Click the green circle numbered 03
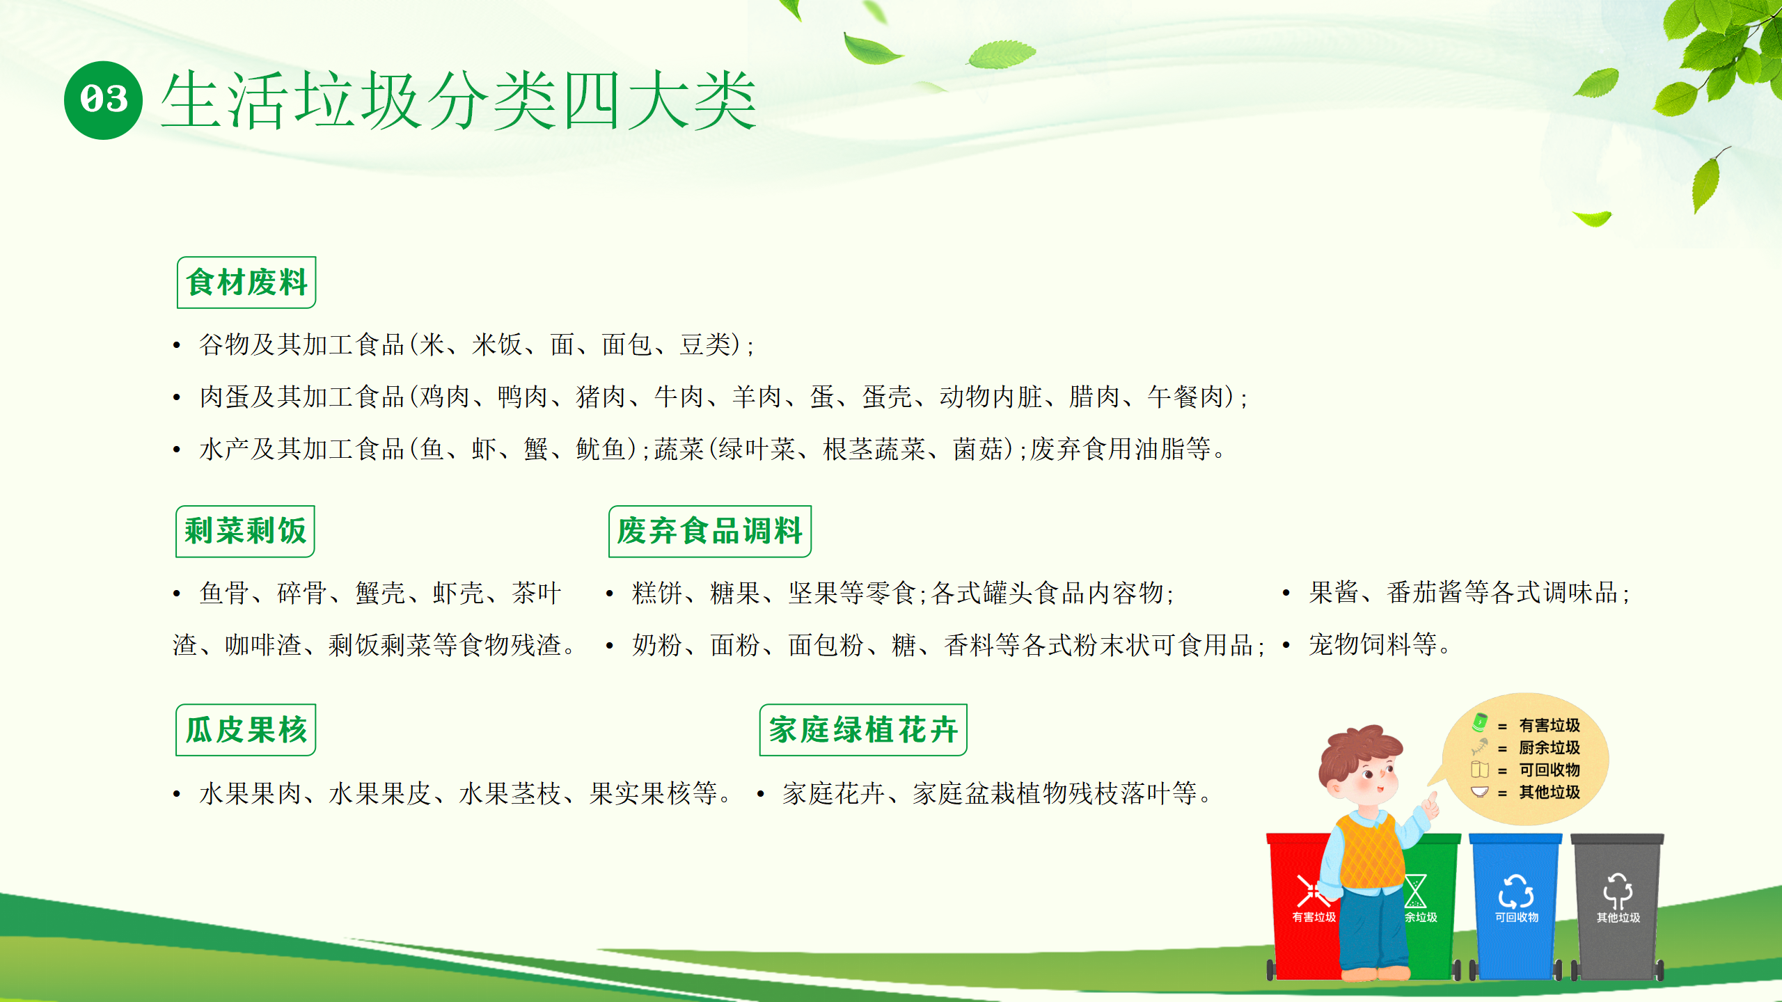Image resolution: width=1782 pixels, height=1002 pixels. [x=103, y=100]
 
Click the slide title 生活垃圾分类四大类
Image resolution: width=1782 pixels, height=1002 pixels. [x=459, y=101]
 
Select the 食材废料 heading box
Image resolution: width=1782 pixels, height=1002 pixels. [x=246, y=283]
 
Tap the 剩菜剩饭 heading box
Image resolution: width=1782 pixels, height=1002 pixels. [x=245, y=531]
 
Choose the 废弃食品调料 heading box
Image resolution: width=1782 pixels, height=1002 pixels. [x=710, y=531]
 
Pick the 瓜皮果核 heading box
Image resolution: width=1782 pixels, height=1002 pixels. [x=246, y=730]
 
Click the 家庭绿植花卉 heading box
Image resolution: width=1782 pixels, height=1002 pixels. [x=863, y=730]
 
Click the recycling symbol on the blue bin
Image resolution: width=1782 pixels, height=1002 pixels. [x=1516, y=891]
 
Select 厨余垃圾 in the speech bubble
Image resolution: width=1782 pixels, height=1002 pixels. [x=1550, y=747]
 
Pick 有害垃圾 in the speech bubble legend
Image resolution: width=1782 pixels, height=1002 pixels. [x=1550, y=725]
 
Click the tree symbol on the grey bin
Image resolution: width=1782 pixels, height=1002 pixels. [x=1618, y=891]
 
